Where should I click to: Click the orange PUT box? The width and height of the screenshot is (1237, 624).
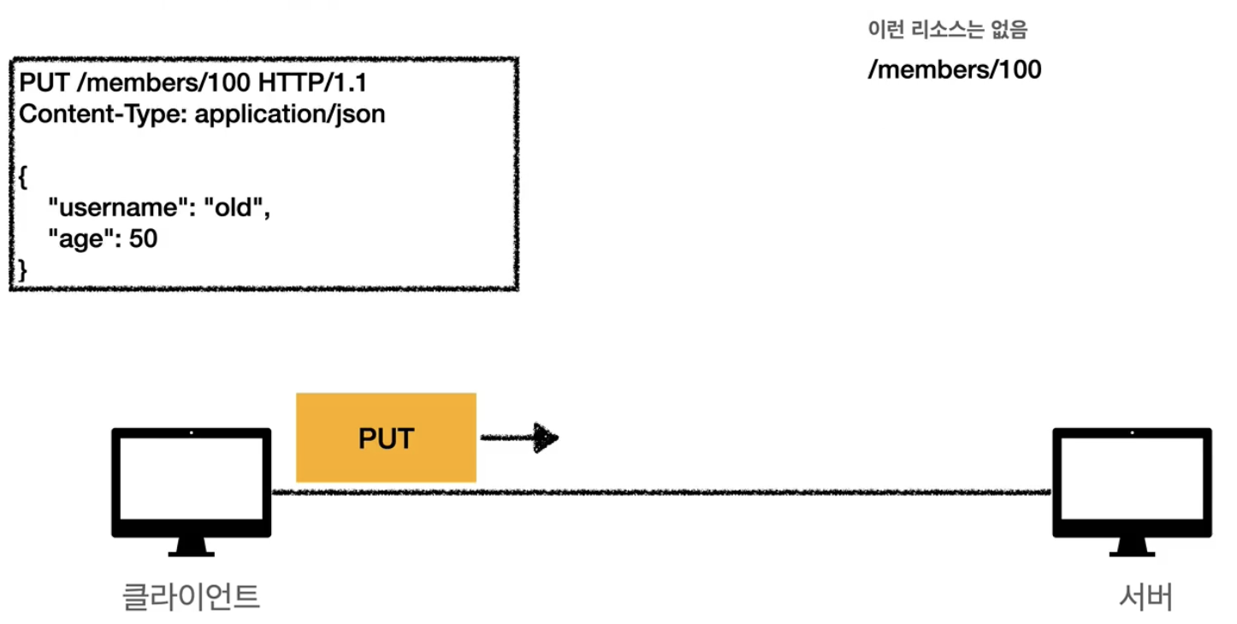coord(385,438)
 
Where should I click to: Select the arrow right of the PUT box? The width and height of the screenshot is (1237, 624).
coord(519,438)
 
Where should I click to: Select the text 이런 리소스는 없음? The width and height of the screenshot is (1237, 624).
coord(947,32)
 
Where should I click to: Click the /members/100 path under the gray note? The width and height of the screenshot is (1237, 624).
coord(955,69)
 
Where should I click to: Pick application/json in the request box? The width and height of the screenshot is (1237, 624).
coord(290,114)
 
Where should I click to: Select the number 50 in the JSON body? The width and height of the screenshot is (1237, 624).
coord(144,238)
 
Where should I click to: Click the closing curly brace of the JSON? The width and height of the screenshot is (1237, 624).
coord(23,270)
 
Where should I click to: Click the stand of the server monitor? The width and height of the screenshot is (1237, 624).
coord(1131,547)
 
